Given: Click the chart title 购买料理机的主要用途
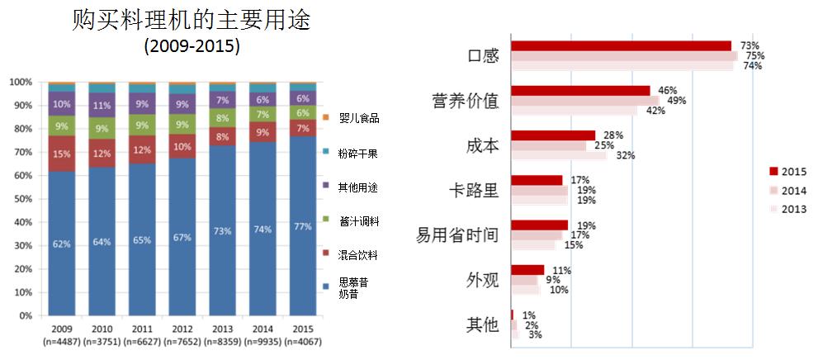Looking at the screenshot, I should click(191, 20).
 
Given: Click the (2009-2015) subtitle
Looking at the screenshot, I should click(191, 46).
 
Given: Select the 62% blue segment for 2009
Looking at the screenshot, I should click(62, 244).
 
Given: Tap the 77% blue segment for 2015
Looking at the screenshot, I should click(303, 225).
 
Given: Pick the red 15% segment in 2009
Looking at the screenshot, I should click(62, 154).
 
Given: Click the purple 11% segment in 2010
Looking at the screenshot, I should click(102, 106).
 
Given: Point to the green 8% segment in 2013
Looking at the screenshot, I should click(223, 118).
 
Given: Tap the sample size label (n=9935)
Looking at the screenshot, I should click(263, 342).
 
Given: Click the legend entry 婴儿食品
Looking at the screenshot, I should click(359, 119).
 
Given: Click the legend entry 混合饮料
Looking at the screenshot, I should click(359, 253).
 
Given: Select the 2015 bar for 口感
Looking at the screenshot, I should click(622, 45).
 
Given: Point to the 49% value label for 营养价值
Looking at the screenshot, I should click(676, 101).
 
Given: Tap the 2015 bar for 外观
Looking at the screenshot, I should click(528, 270).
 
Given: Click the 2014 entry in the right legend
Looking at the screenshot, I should click(793, 190).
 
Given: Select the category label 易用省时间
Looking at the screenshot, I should click(457, 235).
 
